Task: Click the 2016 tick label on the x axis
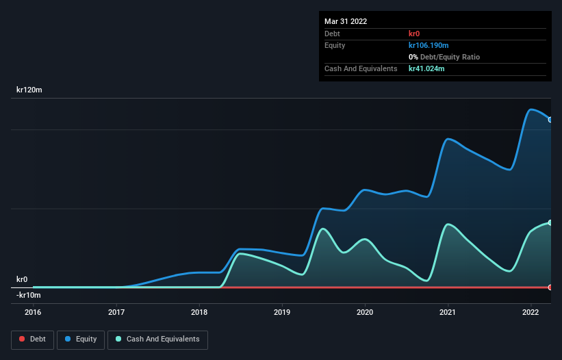(33, 312)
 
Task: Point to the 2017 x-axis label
(116, 312)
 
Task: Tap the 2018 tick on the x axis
(199, 312)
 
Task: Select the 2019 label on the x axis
(282, 312)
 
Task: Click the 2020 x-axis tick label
(365, 312)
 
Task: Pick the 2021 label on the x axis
(448, 312)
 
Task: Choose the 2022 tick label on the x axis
(531, 312)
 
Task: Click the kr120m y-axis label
(31, 90)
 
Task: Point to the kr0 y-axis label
(23, 279)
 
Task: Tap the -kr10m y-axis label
(29, 295)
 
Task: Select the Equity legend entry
(81, 339)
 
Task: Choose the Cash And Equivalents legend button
(157, 339)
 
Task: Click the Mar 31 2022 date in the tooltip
(346, 21)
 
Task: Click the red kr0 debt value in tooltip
(415, 34)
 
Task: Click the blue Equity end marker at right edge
(550, 120)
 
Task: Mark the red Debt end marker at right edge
(550, 287)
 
